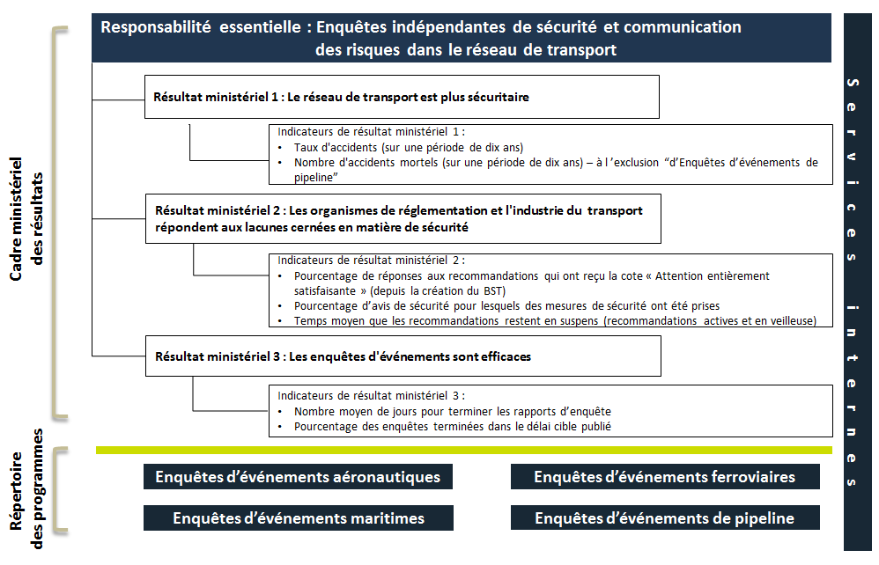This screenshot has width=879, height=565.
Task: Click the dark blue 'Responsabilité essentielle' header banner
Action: click(x=461, y=38)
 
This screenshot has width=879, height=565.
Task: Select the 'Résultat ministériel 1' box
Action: click(x=402, y=97)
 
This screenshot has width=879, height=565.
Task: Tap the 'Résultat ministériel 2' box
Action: click(x=402, y=219)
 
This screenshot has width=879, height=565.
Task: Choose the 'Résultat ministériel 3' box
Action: click(x=402, y=356)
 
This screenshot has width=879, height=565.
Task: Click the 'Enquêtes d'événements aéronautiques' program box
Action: click(x=298, y=477)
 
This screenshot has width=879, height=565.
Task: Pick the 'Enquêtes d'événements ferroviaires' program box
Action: click(x=664, y=477)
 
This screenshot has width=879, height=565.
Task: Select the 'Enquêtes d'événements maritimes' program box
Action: click(x=298, y=518)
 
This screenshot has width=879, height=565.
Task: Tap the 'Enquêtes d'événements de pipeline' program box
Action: click(x=664, y=518)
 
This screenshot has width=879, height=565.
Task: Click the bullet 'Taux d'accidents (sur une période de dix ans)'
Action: click(x=409, y=148)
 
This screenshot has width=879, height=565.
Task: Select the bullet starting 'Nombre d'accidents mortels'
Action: click(x=555, y=163)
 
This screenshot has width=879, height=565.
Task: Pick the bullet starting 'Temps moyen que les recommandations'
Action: click(x=555, y=320)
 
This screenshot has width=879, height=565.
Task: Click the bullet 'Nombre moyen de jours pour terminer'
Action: click(x=452, y=411)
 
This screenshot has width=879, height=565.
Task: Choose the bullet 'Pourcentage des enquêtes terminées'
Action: click(x=452, y=427)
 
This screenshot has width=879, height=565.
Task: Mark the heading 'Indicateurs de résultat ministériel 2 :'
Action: click(x=371, y=260)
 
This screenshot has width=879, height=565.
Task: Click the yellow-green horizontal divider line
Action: click(x=463, y=451)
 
